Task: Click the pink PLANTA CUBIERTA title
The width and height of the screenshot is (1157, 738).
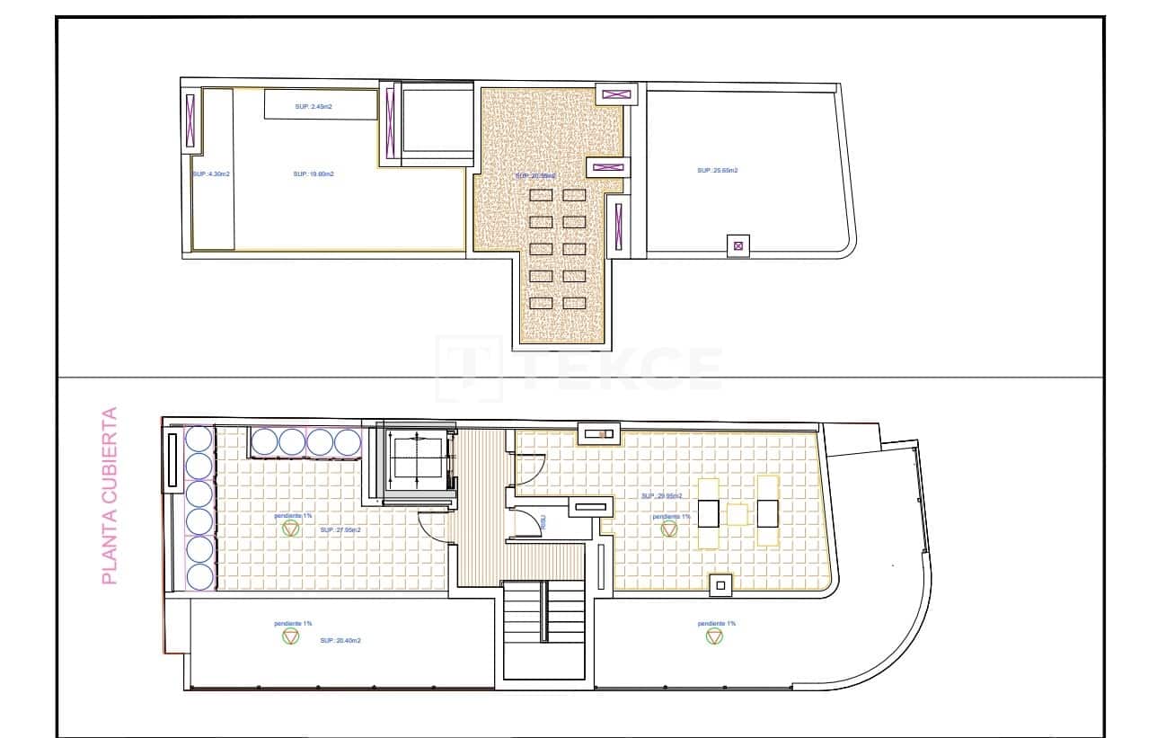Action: [x=110, y=496]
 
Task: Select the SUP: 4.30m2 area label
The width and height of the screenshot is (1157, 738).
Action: [x=211, y=173]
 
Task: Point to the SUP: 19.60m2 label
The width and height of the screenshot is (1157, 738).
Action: [x=314, y=173]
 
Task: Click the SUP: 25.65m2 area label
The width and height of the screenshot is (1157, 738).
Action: [x=718, y=170]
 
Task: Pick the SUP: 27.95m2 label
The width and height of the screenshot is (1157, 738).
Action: [x=340, y=530]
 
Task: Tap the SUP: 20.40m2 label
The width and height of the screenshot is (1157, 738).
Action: [x=340, y=640]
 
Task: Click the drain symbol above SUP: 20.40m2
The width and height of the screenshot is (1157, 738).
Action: [x=290, y=636]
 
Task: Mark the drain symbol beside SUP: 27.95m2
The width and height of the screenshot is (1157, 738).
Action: [x=290, y=529]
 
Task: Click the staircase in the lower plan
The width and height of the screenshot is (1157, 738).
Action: [x=543, y=629]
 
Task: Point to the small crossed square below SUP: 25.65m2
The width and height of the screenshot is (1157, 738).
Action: [x=738, y=245]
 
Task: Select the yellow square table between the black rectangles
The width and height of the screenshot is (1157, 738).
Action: [x=737, y=513]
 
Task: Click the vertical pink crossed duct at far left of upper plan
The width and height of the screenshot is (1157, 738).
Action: [x=190, y=120]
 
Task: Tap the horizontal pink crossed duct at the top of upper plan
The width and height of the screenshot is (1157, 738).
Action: [x=615, y=93]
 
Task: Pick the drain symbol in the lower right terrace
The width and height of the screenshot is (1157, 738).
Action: [x=714, y=636]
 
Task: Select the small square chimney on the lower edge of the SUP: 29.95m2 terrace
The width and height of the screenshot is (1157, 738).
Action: [x=720, y=585]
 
